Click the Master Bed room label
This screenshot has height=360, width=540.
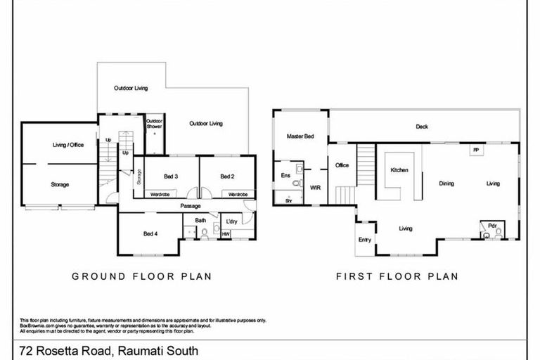(x=300, y=136)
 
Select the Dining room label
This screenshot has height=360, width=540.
(x=446, y=184)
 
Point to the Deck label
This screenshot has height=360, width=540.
(x=422, y=127)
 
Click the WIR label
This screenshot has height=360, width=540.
(x=315, y=187)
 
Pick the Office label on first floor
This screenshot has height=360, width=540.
(x=342, y=165)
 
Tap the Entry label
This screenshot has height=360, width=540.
(x=364, y=240)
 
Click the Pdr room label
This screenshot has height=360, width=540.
(x=492, y=226)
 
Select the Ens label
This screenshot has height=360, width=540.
(x=285, y=175)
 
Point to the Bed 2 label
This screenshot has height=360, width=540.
(x=226, y=176)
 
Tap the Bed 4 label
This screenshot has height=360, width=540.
(x=150, y=233)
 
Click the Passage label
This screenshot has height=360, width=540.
(x=190, y=206)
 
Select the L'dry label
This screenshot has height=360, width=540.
(x=230, y=222)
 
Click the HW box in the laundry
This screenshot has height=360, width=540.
(x=226, y=235)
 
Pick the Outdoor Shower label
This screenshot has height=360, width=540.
(x=155, y=124)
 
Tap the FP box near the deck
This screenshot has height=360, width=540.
(x=475, y=149)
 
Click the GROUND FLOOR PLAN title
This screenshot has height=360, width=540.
(x=142, y=277)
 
